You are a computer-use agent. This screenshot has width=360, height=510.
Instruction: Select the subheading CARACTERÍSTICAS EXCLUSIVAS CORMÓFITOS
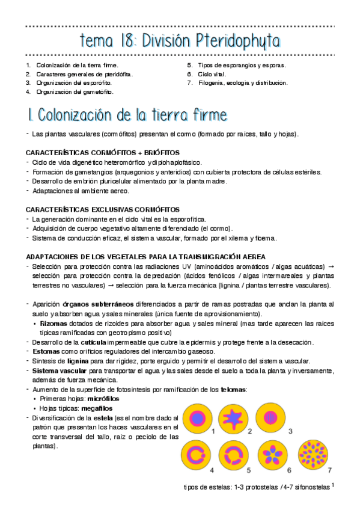pos(103,209)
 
